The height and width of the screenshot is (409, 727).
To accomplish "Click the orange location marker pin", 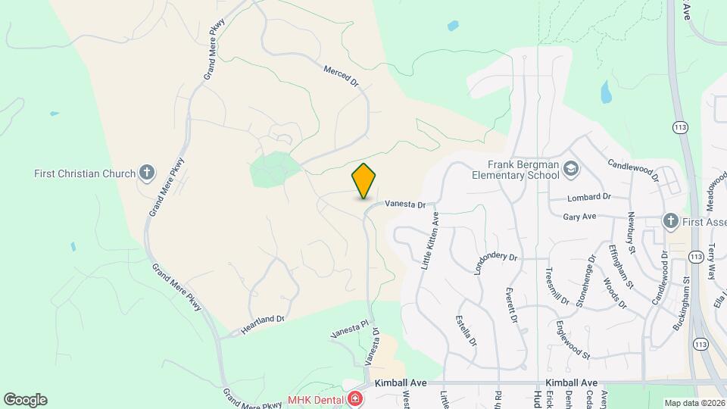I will click(364, 181).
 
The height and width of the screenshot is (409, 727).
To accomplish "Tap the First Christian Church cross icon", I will click(147, 173).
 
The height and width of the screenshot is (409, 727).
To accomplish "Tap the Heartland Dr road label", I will click(263, 326).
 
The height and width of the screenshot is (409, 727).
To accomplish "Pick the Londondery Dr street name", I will click(495, 263).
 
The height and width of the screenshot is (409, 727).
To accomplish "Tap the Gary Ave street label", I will click(579, 217).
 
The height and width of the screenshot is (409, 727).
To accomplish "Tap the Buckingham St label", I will click(682, 303).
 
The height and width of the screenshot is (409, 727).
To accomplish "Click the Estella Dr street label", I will click(466, 331).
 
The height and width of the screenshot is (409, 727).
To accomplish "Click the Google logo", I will click(25, 399).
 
